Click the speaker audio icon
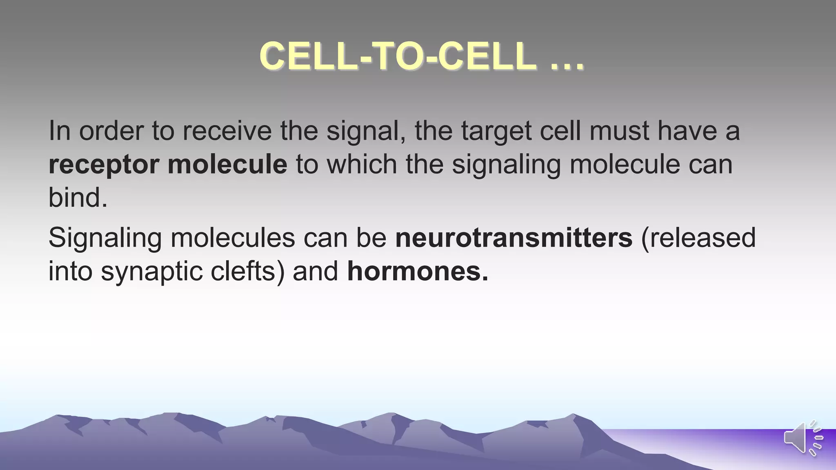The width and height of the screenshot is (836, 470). (x=803, y=437)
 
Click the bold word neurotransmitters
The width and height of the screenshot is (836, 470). (x=514, y=238)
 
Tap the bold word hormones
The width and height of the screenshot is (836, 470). (x=417, y=271)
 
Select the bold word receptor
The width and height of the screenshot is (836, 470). (x=104, y=164)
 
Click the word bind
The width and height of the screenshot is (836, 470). (x=78, y=198)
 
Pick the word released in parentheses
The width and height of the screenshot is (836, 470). (x=699, y=238)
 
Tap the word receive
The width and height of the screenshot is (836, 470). (x=227, y=131)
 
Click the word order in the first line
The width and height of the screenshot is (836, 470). (x=111, y=131)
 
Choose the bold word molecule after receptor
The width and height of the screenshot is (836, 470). (x=227, y=164)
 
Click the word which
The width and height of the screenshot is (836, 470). (x=362, y=164)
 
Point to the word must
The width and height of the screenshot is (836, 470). (x=619, y=131)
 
